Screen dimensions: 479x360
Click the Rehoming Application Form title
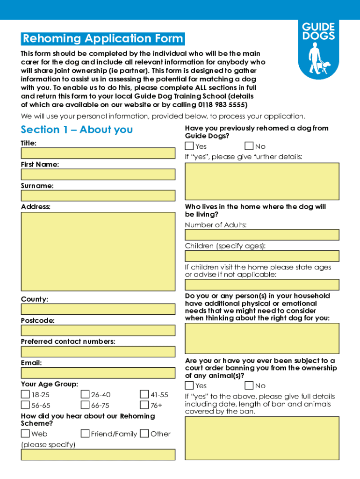pyautogui.click(x=103, y=38)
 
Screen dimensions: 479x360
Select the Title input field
pyautogui.click(x=98, y=153)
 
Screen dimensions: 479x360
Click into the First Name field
pyautogui.click(x=98, y=174)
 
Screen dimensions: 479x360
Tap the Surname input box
pyautogui.click(x=98, y=196)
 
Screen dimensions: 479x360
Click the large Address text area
pyautogui.click(x=98, y=252)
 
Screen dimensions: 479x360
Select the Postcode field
pyautogui.click(x=98, y=330)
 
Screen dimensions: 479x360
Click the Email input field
pyautogui.click(x=98, y=373)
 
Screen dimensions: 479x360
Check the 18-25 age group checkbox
pyautogui.click(x=25, y=395)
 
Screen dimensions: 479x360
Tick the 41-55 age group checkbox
pyautogui.click(x=144, y=395)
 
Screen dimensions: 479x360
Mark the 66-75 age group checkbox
pyautogui.click(x=85, y=405)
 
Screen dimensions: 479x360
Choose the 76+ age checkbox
pyautogui.click(x=144, y=405)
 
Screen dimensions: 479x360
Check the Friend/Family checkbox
pyautogui.click(x=85, y=434)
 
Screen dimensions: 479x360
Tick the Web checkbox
pyautogui.click(x=25, y=434)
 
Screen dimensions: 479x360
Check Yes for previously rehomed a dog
pyautogui.click(x=189, y=146)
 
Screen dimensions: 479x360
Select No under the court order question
pyautogui.click(x=249, y=385)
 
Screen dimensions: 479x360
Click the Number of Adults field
pyautogui.click(x=262, y=235)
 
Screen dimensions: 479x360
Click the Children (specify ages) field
pyautogui.click(x=262, y=256)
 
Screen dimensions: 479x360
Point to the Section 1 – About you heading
pyautogui.click(x=77, y=130)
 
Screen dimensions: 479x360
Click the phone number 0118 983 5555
pyautogui.click(x=222, y=104)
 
